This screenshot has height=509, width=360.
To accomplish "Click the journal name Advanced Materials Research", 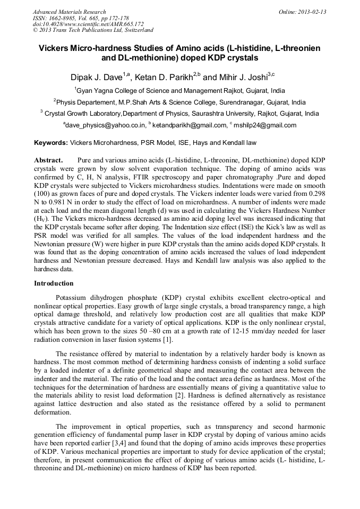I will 69,12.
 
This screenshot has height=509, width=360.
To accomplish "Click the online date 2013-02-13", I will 310,12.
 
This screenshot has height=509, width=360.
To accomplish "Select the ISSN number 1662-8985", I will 65,18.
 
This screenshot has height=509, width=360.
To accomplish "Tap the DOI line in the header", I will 88,24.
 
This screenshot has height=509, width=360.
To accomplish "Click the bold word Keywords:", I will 51,143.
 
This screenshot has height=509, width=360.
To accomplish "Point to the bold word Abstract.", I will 48,160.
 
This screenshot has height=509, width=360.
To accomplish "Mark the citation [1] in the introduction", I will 167,340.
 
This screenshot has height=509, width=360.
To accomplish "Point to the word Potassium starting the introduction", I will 72,298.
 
